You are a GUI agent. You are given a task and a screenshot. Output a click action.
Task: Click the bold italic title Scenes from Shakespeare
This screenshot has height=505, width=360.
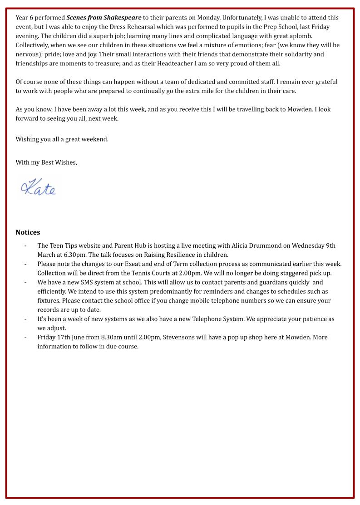[x=104, y=18]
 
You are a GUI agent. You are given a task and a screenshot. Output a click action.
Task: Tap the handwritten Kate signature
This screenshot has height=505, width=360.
[x=38, y=187]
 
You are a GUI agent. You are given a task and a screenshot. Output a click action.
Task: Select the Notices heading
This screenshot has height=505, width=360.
[x=28, y=232]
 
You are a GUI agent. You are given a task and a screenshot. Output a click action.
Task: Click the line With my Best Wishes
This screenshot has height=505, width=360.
[x=46, y=162]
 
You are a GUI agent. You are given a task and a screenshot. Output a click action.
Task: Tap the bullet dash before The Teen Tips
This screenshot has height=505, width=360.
[x=25, y=245]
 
